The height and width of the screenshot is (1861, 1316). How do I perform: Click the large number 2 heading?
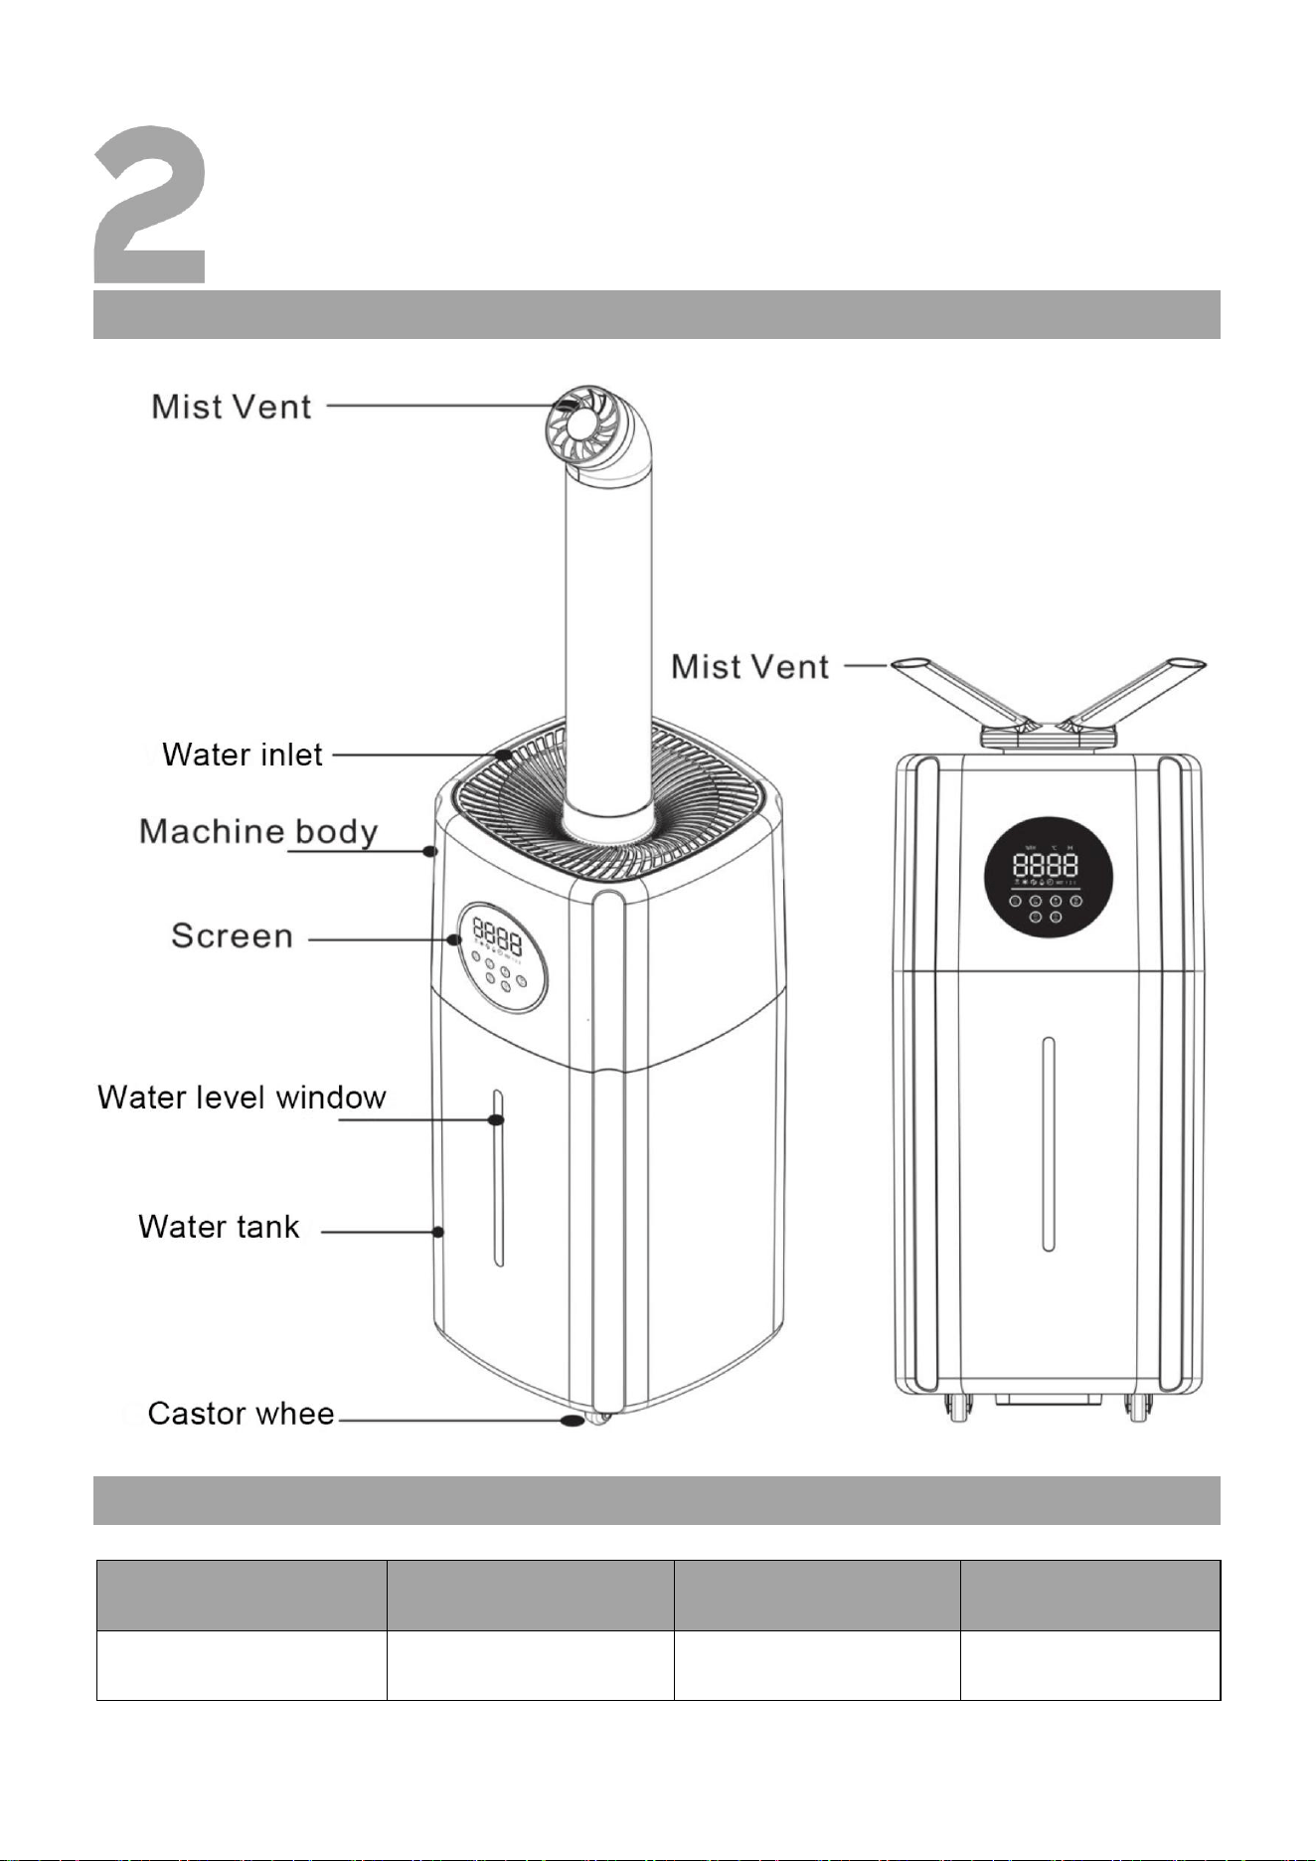coord(150,204)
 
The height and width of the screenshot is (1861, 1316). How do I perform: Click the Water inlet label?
coord(243,755)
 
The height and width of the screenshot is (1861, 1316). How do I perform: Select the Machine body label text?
coord(258,831)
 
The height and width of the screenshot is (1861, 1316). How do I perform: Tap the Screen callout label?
coord(233,935)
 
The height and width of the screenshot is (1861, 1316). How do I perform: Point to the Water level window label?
coord(242,1098)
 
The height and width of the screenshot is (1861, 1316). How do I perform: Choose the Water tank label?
coord(219,1227)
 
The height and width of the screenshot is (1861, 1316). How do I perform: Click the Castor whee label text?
coord(241,1414)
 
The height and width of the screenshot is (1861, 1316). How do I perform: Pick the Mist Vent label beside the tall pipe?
coord(232,407)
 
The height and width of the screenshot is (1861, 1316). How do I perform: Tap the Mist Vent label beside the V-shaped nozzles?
coord(750,666)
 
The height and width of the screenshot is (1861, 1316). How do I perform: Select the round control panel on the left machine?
coord(502,957)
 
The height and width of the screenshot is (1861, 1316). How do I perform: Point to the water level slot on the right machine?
coord(1048,1144)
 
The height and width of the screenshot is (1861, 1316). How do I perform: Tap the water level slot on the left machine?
coord(498,1178)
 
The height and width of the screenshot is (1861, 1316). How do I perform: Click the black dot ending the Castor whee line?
coord(572,1421)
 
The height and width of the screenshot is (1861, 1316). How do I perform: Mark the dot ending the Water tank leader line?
coord(437,1232)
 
